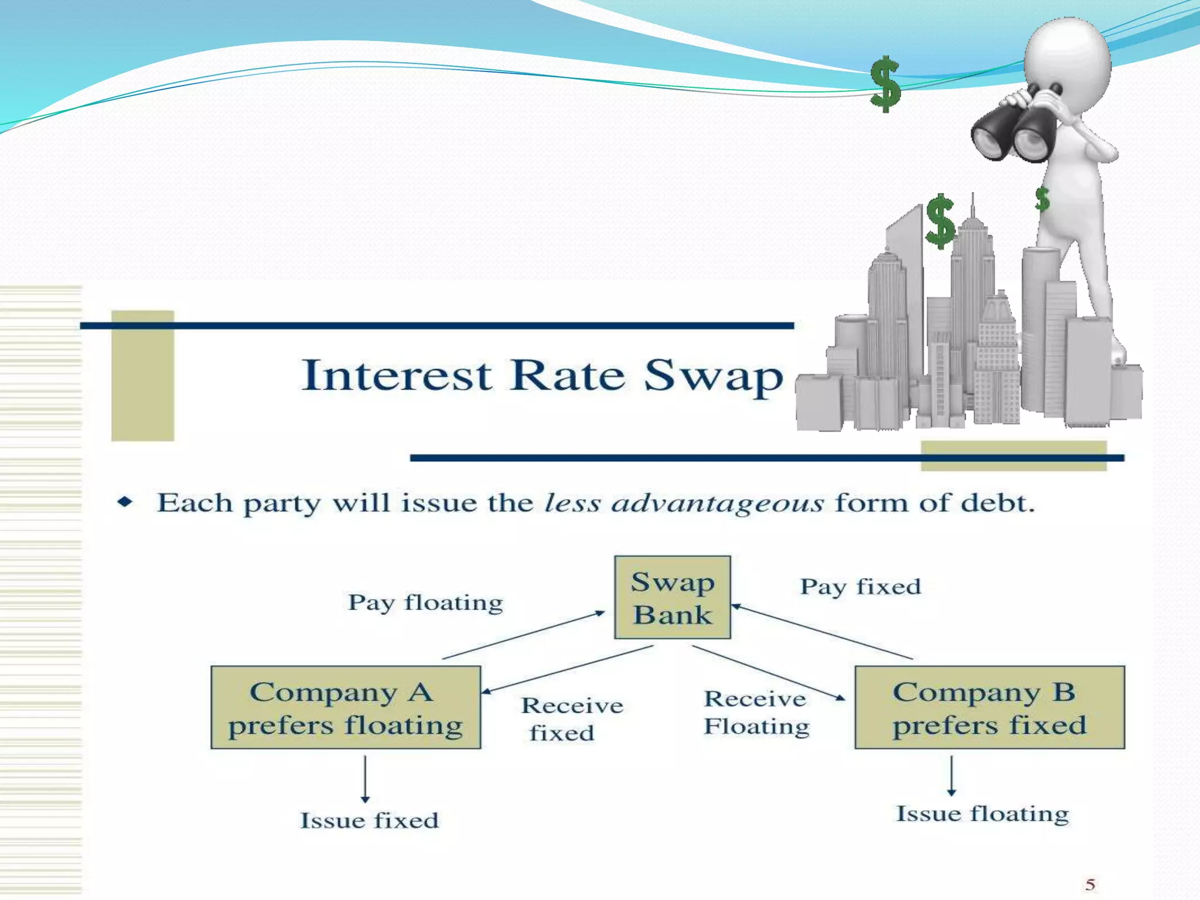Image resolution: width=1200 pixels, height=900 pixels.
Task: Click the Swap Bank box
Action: coord(672,597)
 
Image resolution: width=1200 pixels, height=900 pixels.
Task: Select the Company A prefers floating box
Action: coord(346,707)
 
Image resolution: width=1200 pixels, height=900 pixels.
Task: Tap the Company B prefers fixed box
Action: coord(989,707)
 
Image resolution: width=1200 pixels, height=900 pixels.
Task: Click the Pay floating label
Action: coord(425,602)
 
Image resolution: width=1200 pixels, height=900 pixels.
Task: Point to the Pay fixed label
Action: coord(860,587)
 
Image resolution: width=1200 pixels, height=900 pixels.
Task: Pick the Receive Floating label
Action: coord(756,712)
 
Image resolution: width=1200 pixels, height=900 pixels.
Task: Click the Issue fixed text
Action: coord(369,820)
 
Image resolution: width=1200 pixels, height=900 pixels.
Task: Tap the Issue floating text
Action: coord(982,813)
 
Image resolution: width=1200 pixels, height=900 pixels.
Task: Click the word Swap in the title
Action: coord(713,375)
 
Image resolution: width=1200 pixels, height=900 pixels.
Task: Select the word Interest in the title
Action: coord(396,375)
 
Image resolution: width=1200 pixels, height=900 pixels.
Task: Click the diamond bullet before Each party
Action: coord(125,502)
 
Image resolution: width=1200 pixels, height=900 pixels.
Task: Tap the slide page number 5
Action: coord(1090,884)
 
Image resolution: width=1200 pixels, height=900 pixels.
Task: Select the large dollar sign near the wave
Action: coord(885,84)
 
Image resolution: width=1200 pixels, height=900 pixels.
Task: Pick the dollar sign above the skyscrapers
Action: coord(940,221)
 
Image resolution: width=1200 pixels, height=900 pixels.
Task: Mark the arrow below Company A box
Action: coord(365,779)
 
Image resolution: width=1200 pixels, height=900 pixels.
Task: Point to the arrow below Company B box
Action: coord(952,775)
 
